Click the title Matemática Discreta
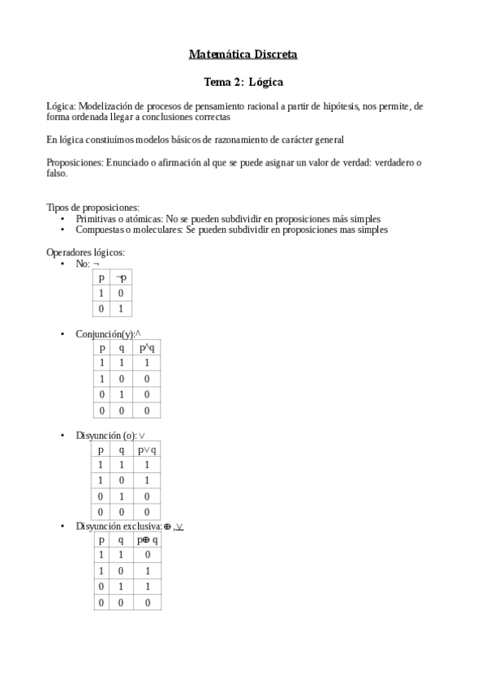click(243, 55)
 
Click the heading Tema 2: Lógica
click(243, 82)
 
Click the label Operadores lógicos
click(85, 252)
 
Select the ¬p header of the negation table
click(121, 278)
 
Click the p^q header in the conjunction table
click(146, 348)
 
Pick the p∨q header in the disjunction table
click(147, 450)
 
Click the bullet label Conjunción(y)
click(105, 334)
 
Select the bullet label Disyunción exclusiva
click(118, 527)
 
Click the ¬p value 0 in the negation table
click(121, 294)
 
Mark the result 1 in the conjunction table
click(146, 364)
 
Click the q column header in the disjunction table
click(121, 450)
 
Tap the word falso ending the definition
click(57, 174)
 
